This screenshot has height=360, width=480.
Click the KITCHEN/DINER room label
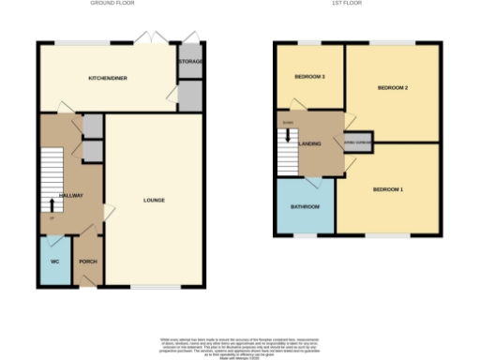[107, 78]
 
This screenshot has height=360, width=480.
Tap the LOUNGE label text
[155, 200]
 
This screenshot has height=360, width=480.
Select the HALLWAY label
[72, 195]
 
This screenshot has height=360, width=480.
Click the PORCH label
[88, 261]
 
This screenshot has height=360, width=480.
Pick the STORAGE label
[190, 62]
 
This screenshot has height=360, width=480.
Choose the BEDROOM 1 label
[387, 190]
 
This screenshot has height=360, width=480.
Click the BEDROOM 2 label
[392, 87]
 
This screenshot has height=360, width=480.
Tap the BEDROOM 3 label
[309, 76]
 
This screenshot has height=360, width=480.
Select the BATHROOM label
[306, 206]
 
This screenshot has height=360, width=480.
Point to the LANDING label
[310, 143]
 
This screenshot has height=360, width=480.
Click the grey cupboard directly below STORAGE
[190, 94]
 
